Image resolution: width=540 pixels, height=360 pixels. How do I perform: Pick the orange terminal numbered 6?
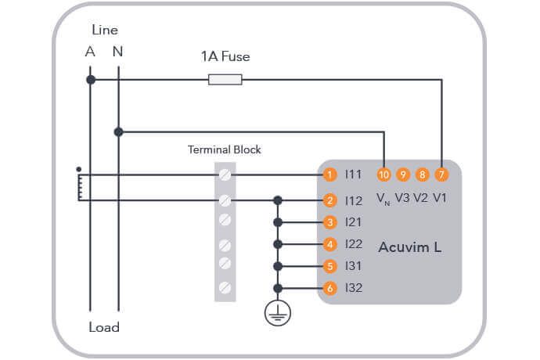(331, 288)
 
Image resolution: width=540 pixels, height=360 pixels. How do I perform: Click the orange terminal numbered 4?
(331, 244)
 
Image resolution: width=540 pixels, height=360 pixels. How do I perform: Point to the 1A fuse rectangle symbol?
(225, 80)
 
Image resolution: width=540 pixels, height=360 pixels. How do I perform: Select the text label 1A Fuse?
(225, 56)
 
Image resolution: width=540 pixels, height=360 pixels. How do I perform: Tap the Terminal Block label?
(225, 149)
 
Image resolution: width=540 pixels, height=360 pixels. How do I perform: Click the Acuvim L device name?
(409, 247)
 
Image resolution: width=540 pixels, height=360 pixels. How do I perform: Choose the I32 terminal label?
(354, 288)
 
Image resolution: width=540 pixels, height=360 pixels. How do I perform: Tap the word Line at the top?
(104, 31)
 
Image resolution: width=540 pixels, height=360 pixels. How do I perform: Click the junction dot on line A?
(91, 80)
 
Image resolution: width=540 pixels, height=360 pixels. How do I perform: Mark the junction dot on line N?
(118, 131)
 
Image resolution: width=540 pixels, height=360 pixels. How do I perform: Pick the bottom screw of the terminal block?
(225, 287)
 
